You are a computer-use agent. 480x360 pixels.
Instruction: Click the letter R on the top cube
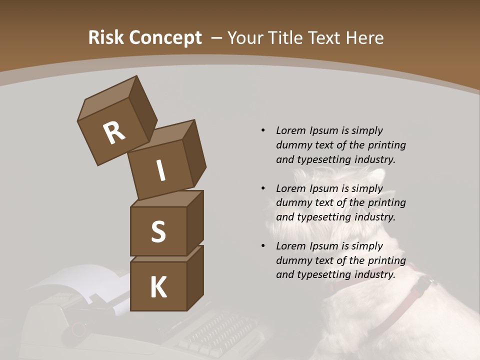pyautogui.click(x=114, y=133)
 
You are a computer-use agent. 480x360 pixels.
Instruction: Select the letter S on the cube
pyautogui.click(x=158, y=232)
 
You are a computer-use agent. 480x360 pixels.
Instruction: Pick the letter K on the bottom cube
pyautogui.click(x=158, y=288)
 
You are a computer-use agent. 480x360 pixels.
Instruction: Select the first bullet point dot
pyautogui.click(x=263, y=131)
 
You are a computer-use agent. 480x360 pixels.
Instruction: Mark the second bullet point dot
pyautogui.click(x=263, y=189)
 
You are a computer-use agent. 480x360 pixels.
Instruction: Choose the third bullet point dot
pyautogui.click(x=263, y=246)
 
